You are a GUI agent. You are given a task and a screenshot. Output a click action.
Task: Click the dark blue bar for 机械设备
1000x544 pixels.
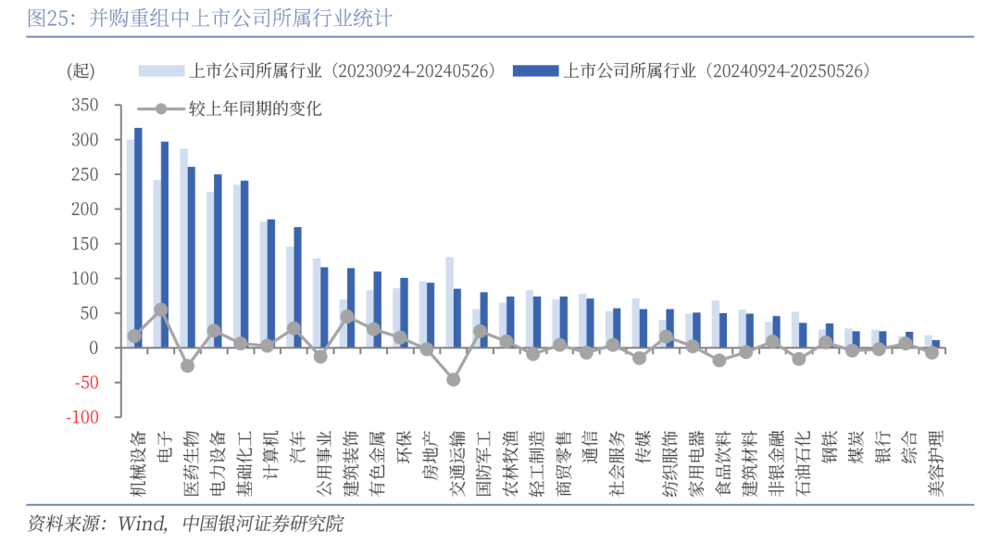click(138, 237)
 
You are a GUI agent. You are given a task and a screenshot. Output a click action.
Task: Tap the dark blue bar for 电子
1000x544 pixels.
click(165, 245)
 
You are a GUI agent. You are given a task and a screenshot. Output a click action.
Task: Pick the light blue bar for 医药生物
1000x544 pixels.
click(183, 248)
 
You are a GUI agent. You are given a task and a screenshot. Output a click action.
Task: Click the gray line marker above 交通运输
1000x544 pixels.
click(454, 379)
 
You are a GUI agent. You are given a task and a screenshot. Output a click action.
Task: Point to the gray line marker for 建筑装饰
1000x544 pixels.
click(347, 316)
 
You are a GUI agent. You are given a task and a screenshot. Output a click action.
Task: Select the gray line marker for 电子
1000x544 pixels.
click(161, 310)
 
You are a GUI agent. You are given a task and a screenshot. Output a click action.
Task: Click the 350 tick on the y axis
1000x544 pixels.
click(85, 106)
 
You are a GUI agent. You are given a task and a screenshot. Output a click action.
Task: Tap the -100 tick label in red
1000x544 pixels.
click(81, 417)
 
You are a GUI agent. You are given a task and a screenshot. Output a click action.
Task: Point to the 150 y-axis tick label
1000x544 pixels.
click(85, 244)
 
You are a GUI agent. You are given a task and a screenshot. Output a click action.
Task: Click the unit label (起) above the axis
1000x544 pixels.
click(81, 71)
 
